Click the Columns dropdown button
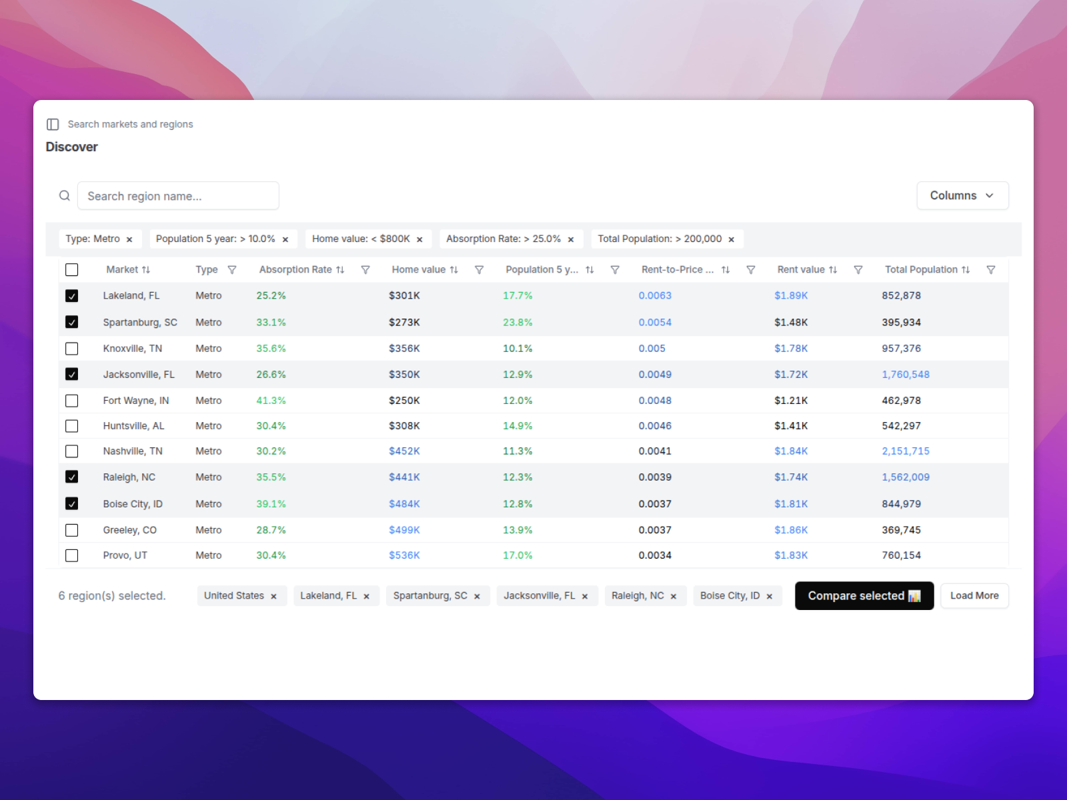pos(962,195)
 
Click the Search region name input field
pos(178,196)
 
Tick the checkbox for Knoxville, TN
pos(72,349)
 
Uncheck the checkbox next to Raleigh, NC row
pos(72,477)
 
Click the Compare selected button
pos(864,596)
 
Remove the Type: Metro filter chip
pos(129,239)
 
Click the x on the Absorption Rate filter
pos(571,239)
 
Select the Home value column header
pos(419,270)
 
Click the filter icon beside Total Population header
pos(991,270)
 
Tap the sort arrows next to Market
pos(146,270)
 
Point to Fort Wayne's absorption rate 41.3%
pos(271,401)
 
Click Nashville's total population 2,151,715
pos(905,451)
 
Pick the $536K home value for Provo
pos(404,555)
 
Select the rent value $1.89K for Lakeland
pos(791,296)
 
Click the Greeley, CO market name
pos(130,530)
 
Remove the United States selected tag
pos(273,597)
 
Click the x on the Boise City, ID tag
pos(770,597)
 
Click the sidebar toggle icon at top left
pos(53,125)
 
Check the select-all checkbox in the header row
pos(72,270)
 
